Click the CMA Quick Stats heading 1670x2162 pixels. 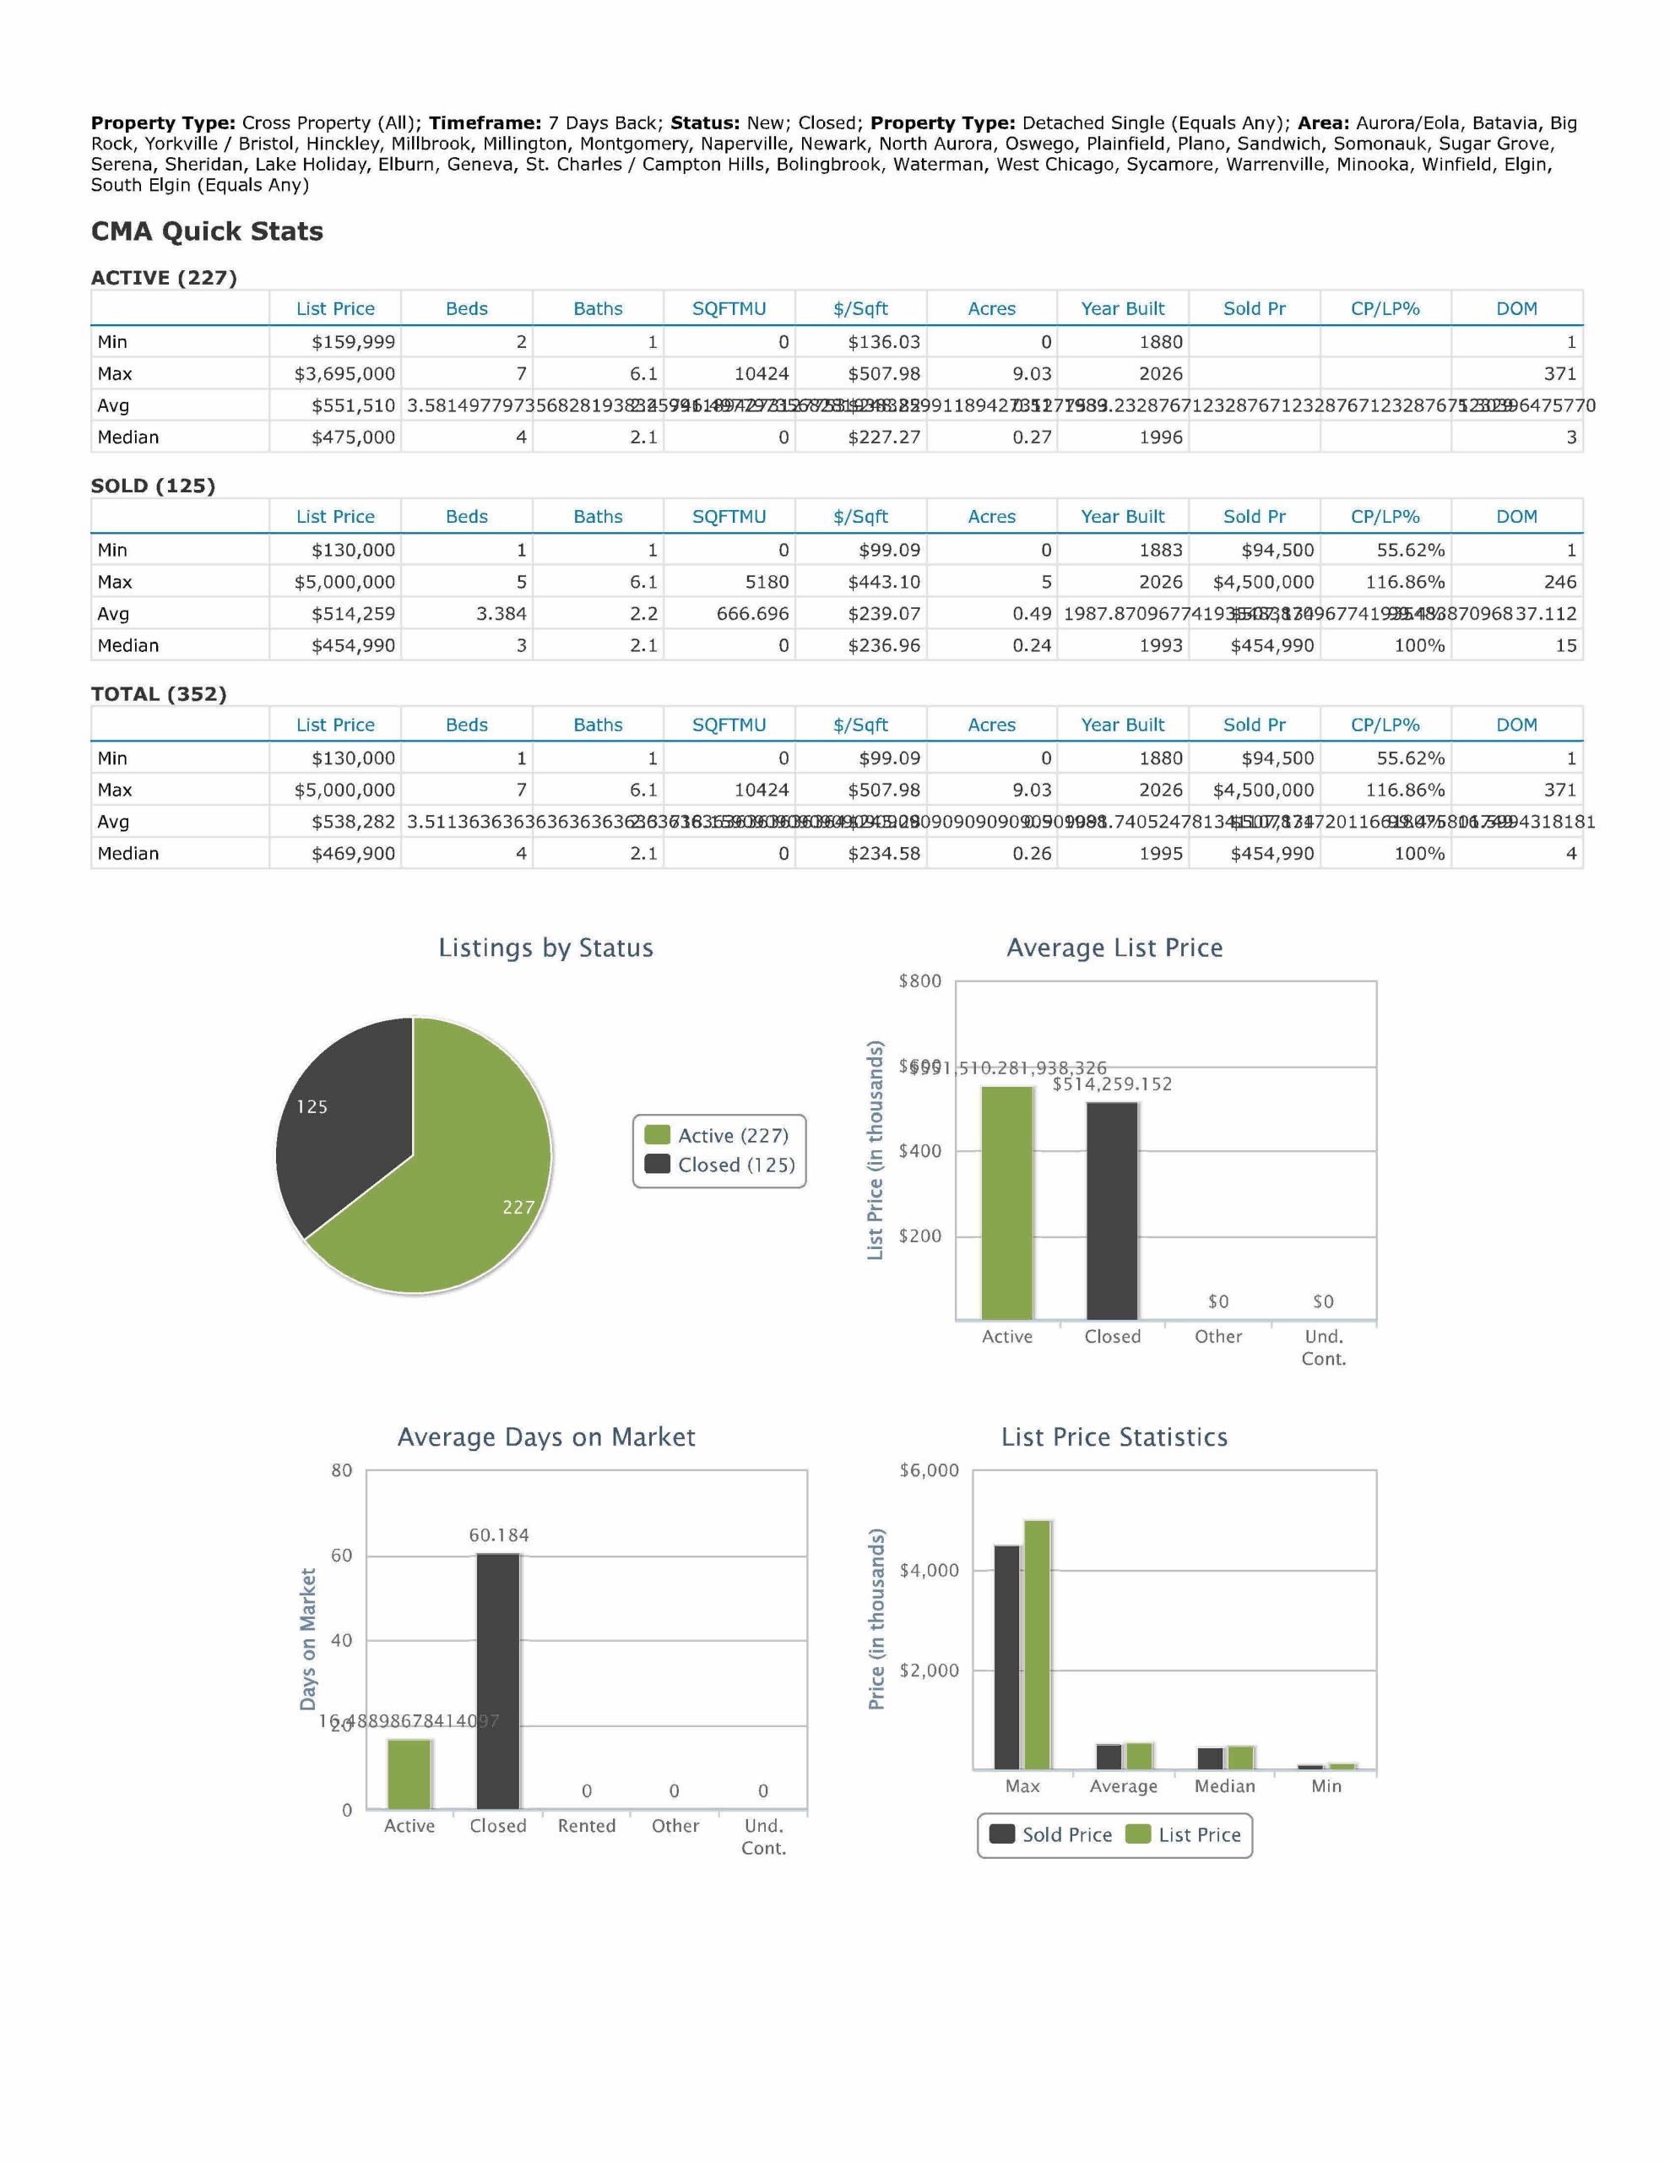tap(207, 231)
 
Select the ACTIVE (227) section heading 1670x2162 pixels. tap(163, 278)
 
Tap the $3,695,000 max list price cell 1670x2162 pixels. tap(344, 374)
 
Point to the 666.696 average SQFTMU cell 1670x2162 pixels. tap(752, 614)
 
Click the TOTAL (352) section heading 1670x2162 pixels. tap(159, 694)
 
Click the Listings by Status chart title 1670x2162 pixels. tap(545, 948)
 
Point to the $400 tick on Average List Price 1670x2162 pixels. tap(919, 1151)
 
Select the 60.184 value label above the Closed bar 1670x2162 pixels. tap(499, 1535)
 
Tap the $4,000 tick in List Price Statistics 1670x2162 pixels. tap(929, 1570)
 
